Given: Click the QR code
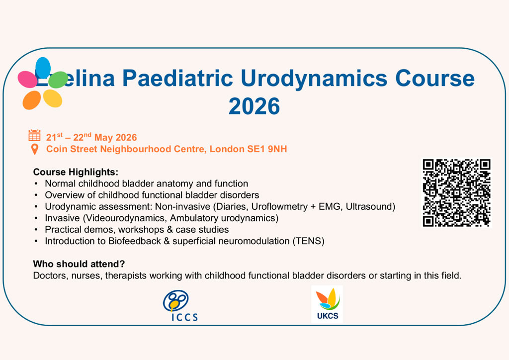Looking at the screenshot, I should tap(456, 193).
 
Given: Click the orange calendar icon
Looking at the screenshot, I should tap(34, 135).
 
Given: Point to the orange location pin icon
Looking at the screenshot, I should tap(35, 149).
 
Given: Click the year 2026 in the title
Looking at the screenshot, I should tap(254, 106).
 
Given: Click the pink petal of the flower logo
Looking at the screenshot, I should tap(27, 79).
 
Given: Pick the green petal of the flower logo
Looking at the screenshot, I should tap(58, 80).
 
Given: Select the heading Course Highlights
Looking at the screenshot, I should tap(76, 172).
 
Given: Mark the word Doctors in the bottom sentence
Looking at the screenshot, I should tap(49, 275).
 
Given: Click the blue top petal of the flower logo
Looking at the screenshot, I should tap(43, 68).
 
